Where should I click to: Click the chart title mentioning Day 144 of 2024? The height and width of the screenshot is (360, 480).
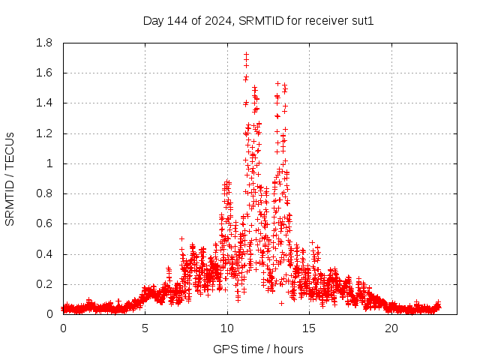(258, 20)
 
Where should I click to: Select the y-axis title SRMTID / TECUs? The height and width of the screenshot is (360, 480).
(10, 178)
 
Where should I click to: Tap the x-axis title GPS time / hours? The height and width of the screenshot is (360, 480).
(258, 349)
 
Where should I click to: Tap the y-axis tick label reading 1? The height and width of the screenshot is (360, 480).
(50, 163)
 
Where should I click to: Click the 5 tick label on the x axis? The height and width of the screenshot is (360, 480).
(145, 328)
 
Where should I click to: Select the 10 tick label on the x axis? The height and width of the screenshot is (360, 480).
(227, 328)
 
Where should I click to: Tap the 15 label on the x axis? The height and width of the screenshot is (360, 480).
(309, 328)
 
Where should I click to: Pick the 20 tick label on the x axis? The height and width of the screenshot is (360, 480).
(391, 328)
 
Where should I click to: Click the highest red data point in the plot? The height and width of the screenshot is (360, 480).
(246, 54)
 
